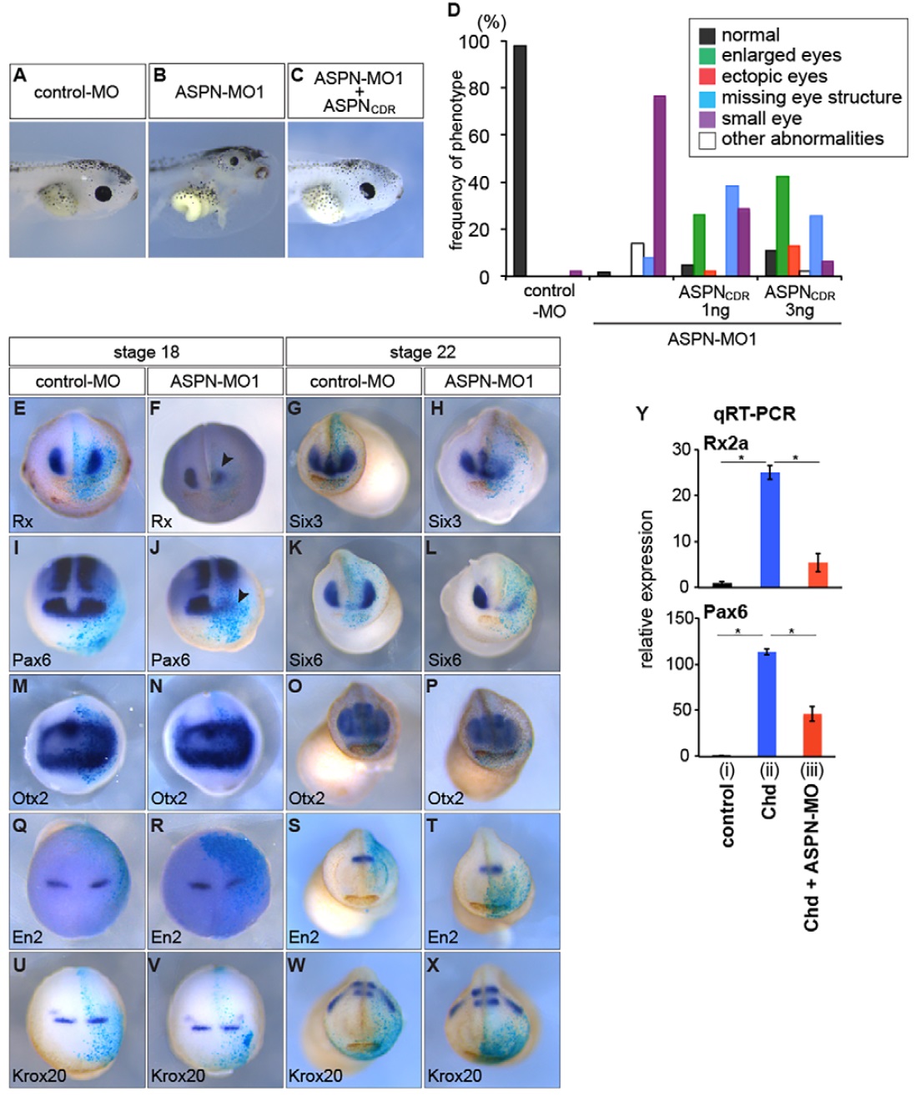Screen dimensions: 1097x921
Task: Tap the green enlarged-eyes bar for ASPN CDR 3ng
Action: pyautogui.click(x=783, y=226)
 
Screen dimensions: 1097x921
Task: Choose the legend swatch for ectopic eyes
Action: pyautogui.click(x=707, y=77)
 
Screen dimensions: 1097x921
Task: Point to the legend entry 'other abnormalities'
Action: pyautogui.click(x=802, y=139)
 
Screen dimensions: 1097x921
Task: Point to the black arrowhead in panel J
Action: pyautogui.click(x=243, y=595)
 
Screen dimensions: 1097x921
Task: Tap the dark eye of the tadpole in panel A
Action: pyautogui.click(x=103, y=194)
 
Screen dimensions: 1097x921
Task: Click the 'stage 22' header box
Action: pyautogui.click(x=422, y=352)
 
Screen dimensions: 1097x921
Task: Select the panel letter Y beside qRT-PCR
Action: pyautogui.click(x=641, y=415)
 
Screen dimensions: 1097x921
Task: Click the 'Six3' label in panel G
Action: pyautogui.click(x=305, y=521)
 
